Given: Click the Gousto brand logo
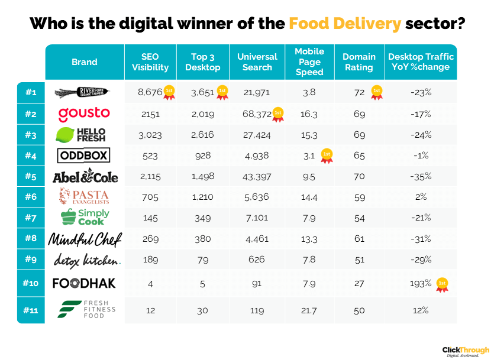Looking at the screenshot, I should coord(84,113).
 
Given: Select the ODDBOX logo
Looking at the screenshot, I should coord(84,156).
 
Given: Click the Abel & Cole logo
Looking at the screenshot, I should coord(85,176).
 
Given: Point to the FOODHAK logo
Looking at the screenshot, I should coord(84,283).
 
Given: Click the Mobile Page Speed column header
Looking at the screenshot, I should coord(309,61).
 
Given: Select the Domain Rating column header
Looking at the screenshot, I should coord(359,61).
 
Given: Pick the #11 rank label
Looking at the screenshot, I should coord(31,309).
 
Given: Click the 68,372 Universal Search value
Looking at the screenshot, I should coord(254,113).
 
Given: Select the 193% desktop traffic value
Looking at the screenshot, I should coord(420,284).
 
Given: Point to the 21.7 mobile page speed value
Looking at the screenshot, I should coord(309,310).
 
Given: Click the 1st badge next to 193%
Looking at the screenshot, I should coord(441,284).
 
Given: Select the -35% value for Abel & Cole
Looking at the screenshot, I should coord(421,176).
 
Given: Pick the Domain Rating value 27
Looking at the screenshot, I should coord(359,284).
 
